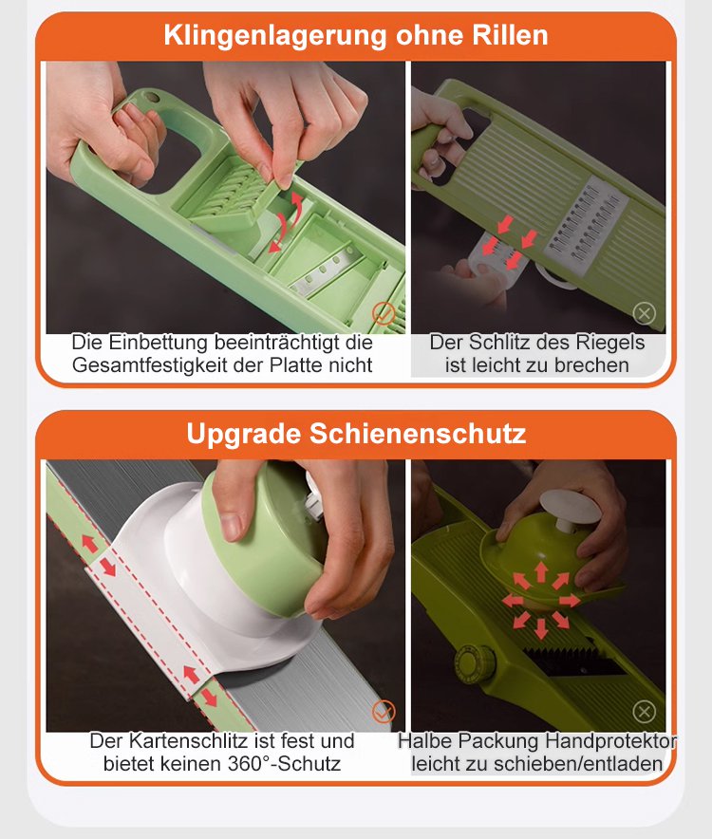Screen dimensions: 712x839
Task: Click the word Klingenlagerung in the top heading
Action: coord(275,36)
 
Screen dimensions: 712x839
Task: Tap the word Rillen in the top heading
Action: coord(510,35)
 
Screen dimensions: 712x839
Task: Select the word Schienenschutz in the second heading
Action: coord(418,434)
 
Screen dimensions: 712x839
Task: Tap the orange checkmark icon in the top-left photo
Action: coord(384,313)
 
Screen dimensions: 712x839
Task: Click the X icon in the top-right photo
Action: coord(644,313)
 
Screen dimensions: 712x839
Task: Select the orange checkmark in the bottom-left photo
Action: coord(384,712)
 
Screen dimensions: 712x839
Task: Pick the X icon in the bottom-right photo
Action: coord(644,712)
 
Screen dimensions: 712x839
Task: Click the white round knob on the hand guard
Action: coord(571,509)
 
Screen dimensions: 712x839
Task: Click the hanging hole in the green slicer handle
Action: coord(152,98)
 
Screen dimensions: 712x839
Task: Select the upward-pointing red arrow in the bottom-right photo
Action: coord(541,571)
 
